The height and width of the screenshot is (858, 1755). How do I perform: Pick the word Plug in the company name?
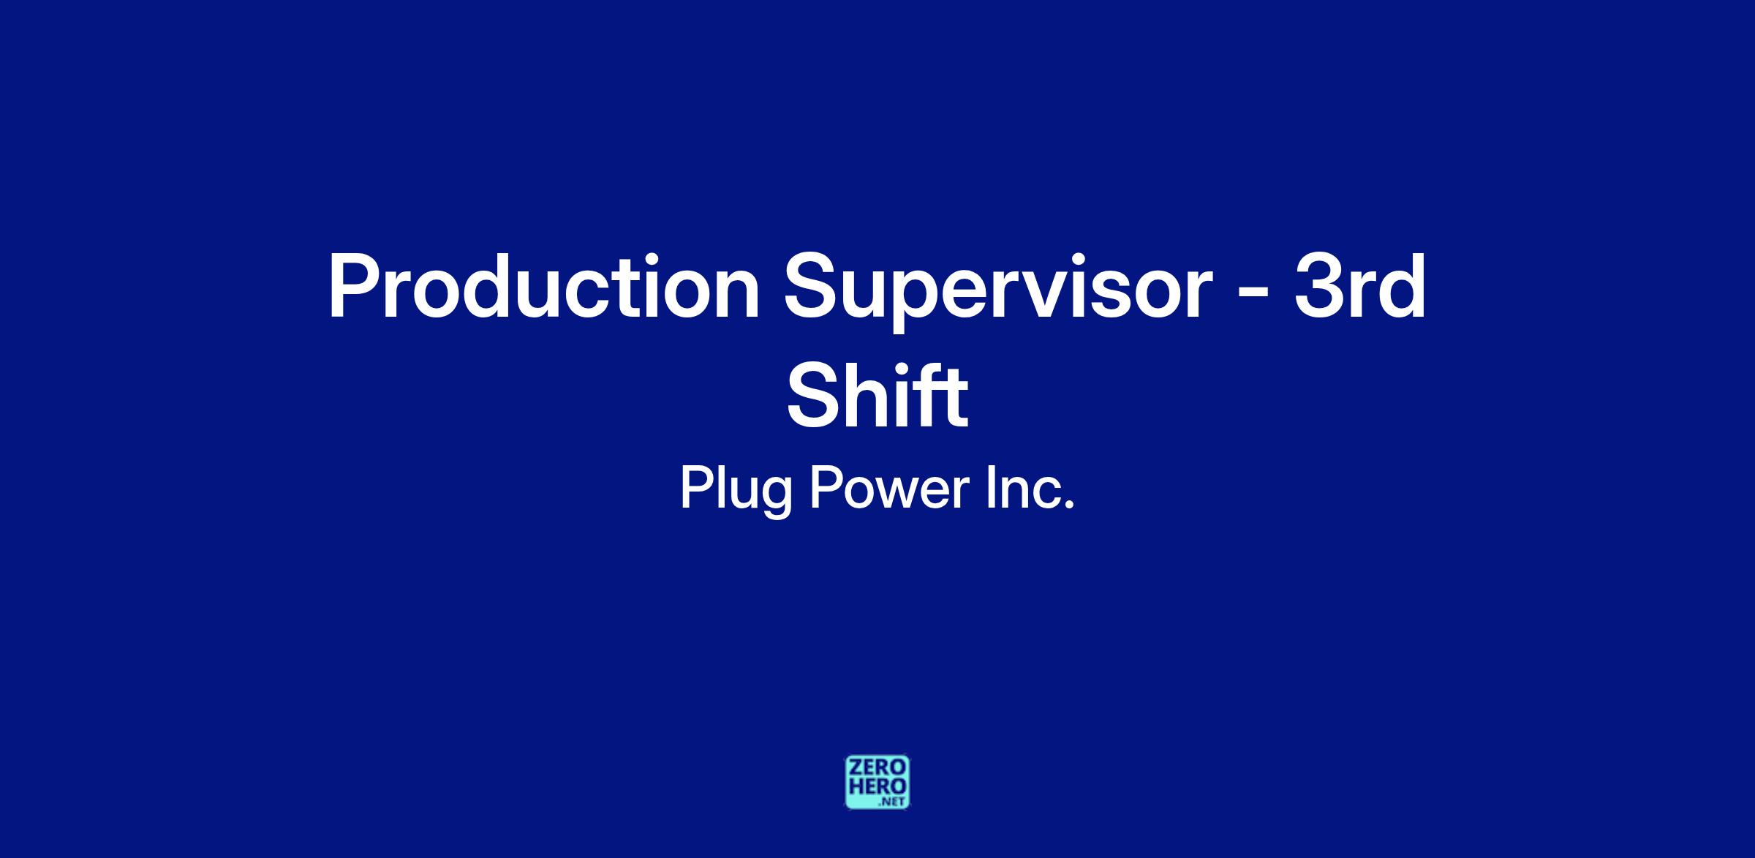(736, 490)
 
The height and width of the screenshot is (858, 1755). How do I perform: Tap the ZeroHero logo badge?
(877, 783)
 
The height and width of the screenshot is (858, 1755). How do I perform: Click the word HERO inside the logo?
(877, 787)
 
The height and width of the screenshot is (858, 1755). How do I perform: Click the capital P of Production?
(352, 286)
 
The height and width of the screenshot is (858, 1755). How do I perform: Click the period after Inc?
(1069, 505)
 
